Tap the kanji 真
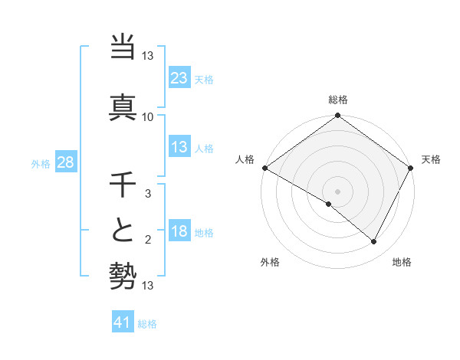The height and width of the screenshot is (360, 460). point(123,106)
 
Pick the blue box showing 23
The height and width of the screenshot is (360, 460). point(179,77)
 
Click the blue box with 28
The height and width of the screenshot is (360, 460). point(66,162)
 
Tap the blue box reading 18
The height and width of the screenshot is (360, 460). point(179,231)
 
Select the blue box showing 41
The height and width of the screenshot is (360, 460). point(122,322)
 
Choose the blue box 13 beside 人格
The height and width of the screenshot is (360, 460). point(179,147)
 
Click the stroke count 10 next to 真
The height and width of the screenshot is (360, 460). point(148,116)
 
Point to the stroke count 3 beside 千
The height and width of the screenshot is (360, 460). point(148,195)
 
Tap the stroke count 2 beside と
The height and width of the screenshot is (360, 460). point(148,241)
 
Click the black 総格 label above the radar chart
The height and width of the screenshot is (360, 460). point(338,100)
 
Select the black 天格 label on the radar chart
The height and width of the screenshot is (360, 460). point(431,159)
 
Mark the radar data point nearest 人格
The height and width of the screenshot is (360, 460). point(264,168)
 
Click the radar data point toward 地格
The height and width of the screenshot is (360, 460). point(374,241)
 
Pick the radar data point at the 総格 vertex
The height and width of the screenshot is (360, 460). point(338,116)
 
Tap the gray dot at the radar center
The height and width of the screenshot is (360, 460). point(338,191)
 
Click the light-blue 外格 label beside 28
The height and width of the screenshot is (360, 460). point(41,163)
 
